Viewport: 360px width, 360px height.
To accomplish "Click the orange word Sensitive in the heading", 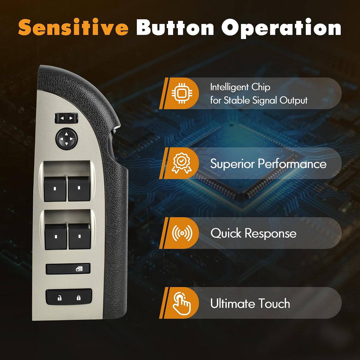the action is [73, 27].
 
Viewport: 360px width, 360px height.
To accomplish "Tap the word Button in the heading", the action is [175, 27].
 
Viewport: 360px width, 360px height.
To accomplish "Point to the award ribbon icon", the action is [181, 163].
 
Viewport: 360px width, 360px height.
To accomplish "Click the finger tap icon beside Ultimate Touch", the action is [181, 303].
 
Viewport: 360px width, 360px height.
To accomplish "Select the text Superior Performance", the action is [268, 164].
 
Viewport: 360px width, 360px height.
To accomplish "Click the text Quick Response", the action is [253, 233].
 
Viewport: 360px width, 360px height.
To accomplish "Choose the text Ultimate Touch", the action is [250, 303].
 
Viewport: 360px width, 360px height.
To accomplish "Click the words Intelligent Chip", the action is [240, 87].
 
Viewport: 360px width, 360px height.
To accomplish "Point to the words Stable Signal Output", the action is [265, 100].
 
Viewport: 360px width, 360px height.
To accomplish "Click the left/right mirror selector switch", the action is [66, 118].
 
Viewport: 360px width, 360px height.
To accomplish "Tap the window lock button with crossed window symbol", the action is [68, 269].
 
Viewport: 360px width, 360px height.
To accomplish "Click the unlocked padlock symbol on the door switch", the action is [59, 298].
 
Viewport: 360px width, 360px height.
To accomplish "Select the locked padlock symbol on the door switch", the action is [79, 298].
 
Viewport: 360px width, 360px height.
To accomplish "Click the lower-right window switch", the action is [79, 236].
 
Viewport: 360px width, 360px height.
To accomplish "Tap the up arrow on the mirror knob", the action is [67, 134].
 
